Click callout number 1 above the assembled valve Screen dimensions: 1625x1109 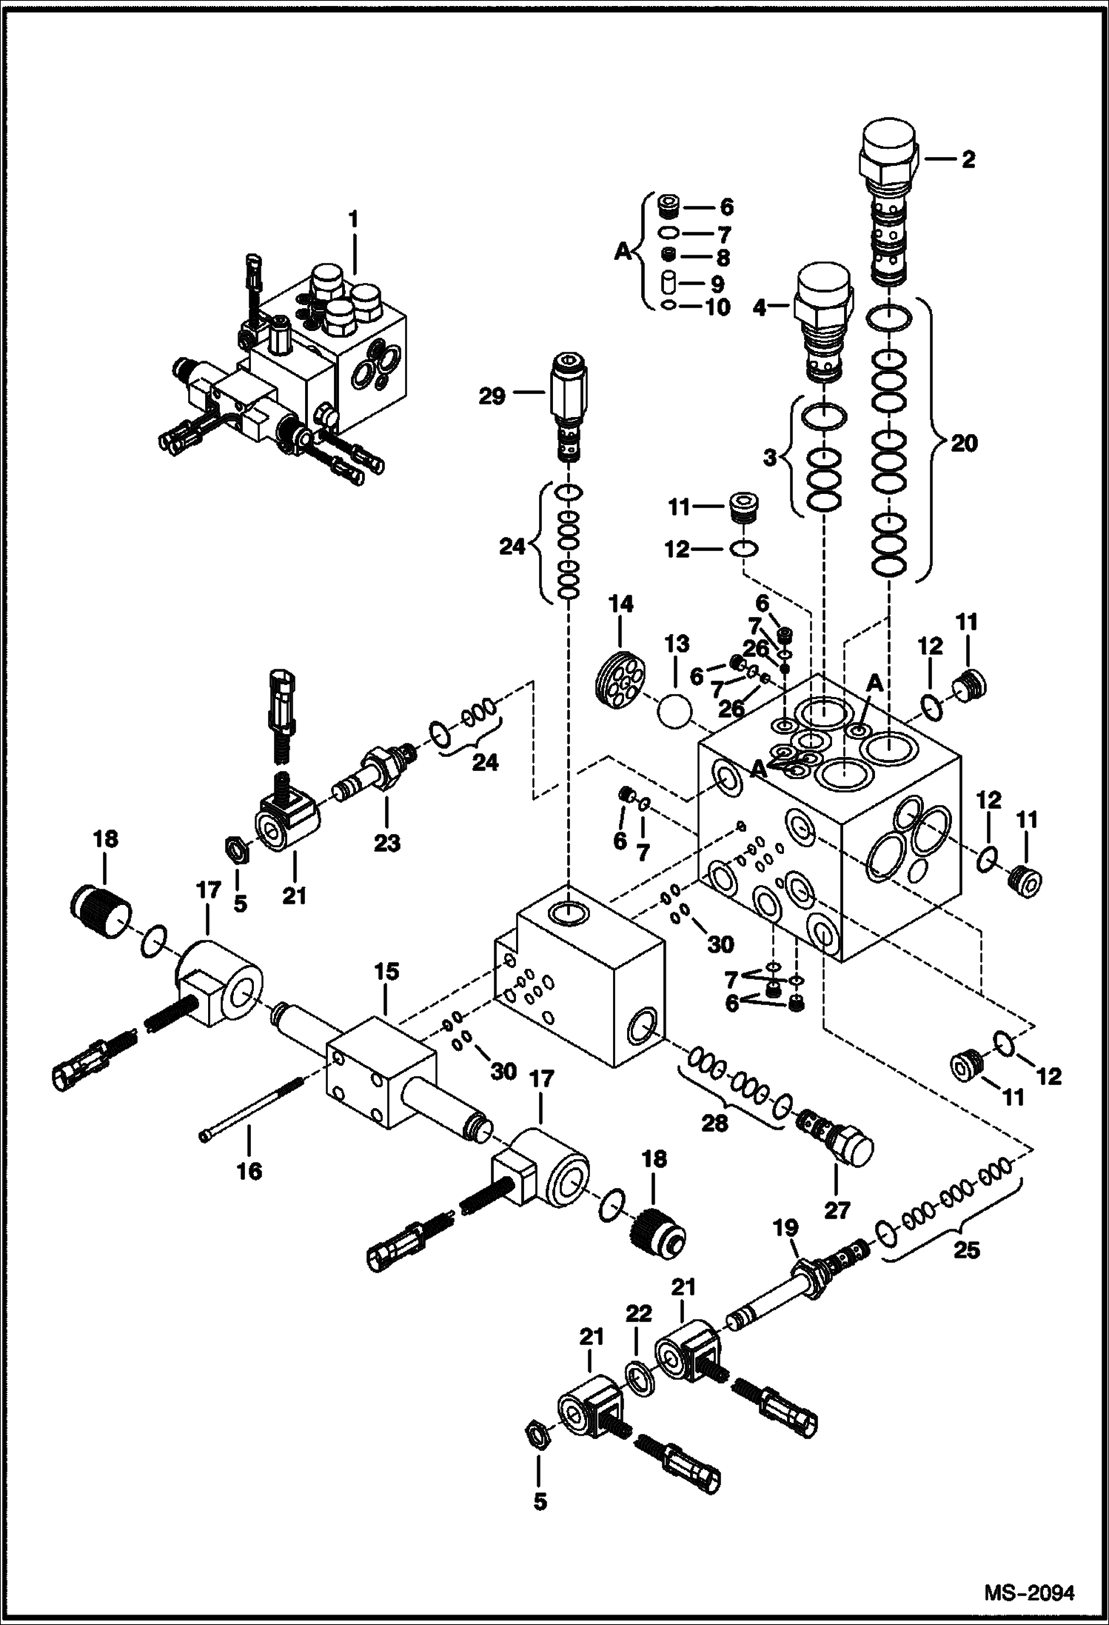(354, 218)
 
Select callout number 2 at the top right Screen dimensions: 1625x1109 (968, 159)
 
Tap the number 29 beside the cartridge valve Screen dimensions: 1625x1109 (491, 396)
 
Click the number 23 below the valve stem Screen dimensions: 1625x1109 (387, 842)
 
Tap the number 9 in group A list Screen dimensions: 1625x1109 (717, 283)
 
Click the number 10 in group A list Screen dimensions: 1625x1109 (716, 307)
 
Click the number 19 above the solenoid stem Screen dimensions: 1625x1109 (786, 1228)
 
